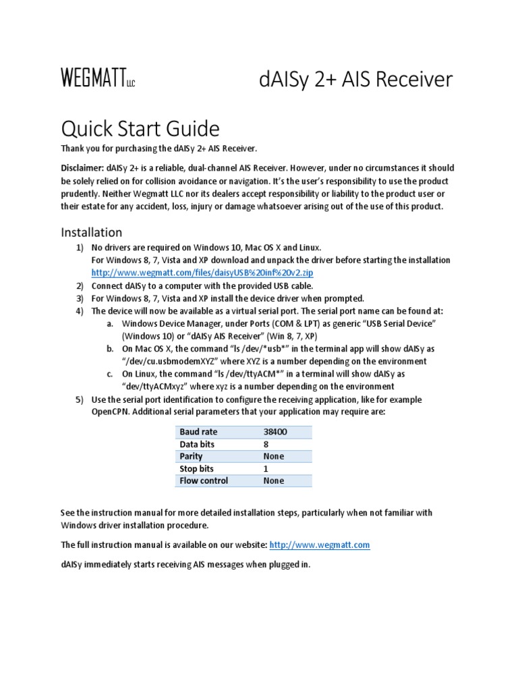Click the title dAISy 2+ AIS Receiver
click(355, 80)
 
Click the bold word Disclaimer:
click(82, 168)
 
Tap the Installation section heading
click(92, 232)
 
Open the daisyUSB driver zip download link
click(202, 273)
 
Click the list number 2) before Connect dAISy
click(79, 285)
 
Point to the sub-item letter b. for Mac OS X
click(110, 349)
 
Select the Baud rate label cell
click(199, 432)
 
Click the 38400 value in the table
click(275, 432)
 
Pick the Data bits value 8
click(266, 444)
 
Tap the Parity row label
click(191, 456)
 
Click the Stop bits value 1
click(266, 468)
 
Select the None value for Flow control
click(274, 480)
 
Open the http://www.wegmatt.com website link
click(320, 545)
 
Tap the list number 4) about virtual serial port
click(79, 311)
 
